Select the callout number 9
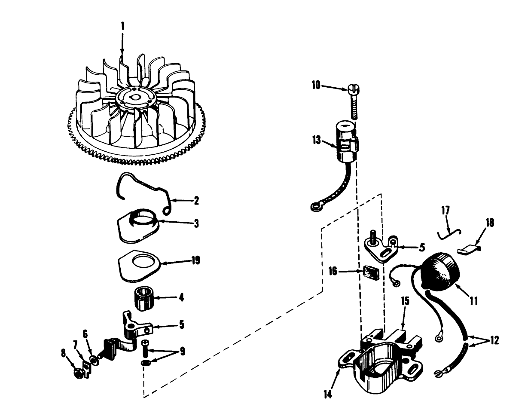[182, 352]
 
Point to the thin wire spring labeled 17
[449, 233]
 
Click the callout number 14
[329, 393]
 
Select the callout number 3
[195, 223]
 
